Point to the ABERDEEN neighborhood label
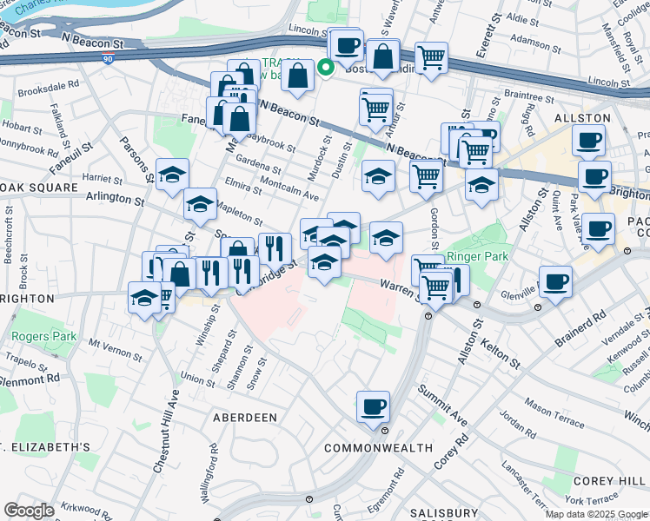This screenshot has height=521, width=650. point(245,418)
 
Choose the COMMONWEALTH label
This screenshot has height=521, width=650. point(378,448)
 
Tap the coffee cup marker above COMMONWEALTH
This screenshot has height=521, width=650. point(373,406)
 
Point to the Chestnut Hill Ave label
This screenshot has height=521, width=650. point(165,432)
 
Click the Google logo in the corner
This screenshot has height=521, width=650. point(29,511)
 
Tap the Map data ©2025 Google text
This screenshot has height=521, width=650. point(596,514)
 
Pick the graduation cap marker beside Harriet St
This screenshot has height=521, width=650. point(172,173)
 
